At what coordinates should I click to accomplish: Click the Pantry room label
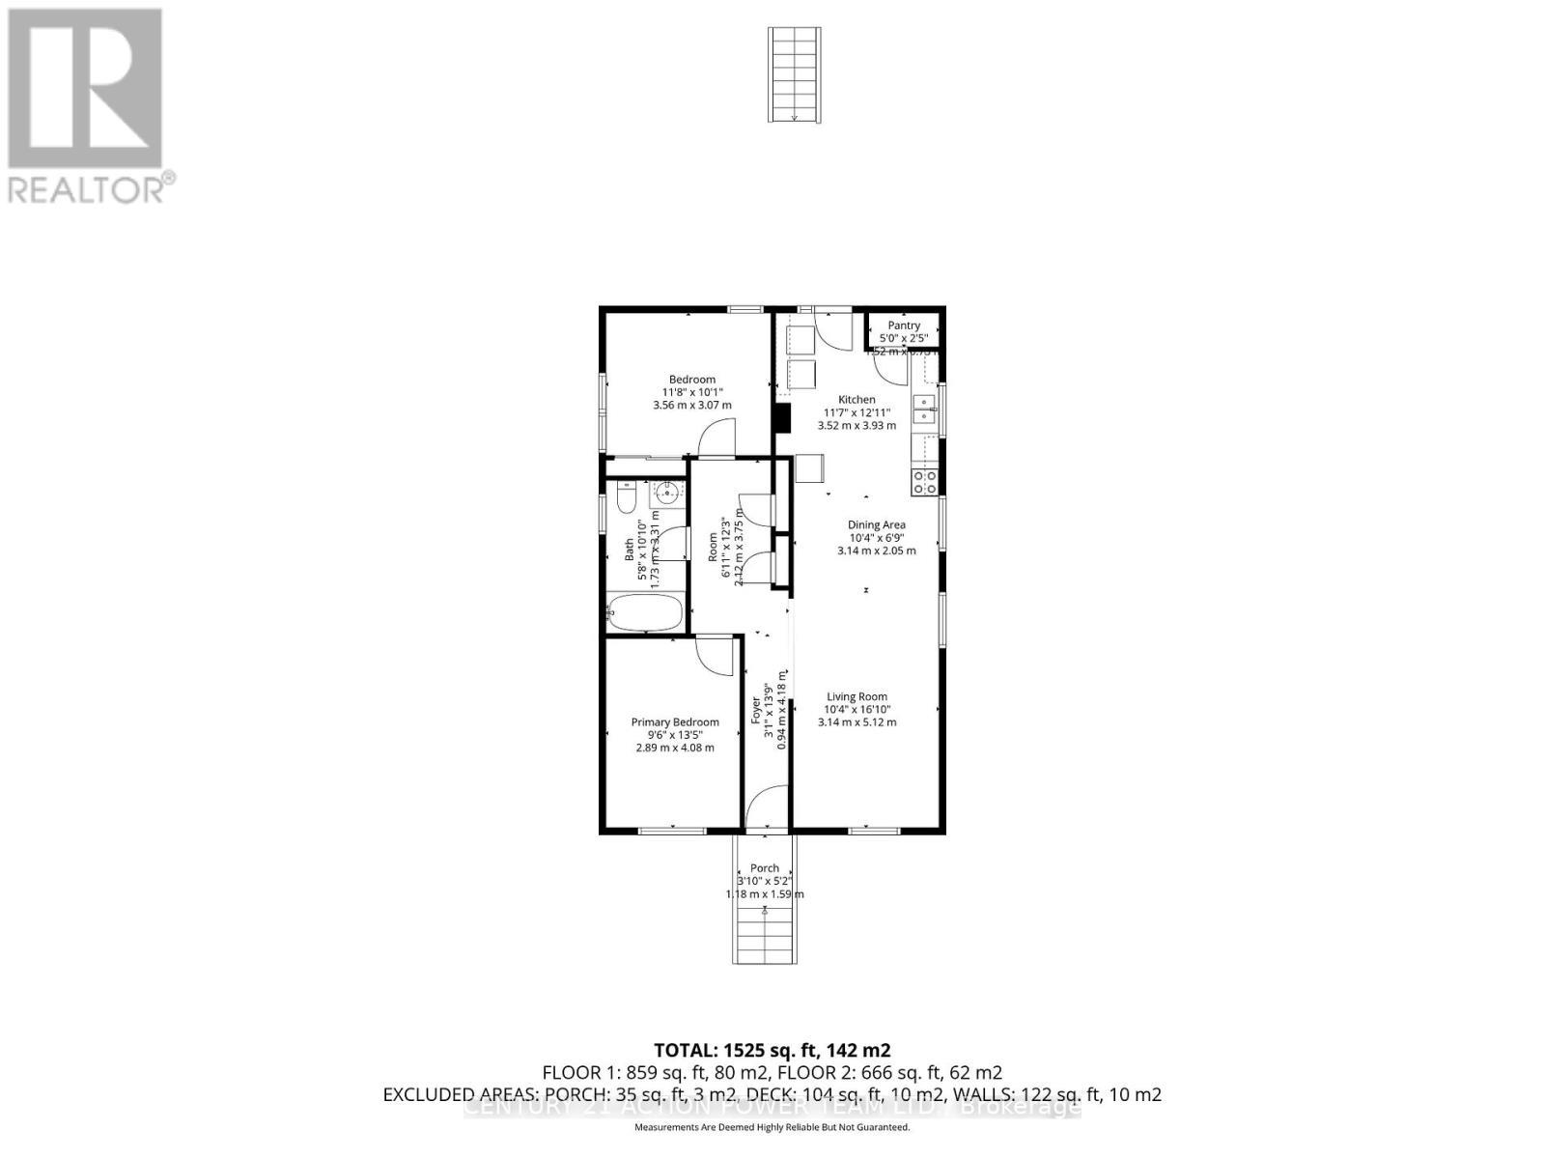click(x=904, y=325)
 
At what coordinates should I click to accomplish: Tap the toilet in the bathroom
click(x=625, y=499)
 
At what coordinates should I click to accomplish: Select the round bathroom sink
click(x=667, y=495)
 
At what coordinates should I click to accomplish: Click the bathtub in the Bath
click(x=645, y=613)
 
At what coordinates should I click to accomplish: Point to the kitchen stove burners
click(x=925, y=482)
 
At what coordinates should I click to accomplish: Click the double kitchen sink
click(x=924, y=409)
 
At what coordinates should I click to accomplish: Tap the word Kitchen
click(x=857, y=399)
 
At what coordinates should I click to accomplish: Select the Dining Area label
click(x=876, y=524)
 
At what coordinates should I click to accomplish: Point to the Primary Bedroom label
click(x=675, y=721)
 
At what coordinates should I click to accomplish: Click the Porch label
click(x=764, y=867)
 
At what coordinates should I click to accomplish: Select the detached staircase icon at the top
click(x=795, y=74)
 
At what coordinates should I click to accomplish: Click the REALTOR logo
click(x=88, y=105)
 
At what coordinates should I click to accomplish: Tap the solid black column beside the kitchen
click(x=782, y=417)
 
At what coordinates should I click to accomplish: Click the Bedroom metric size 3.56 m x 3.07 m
click(x=692, y=405)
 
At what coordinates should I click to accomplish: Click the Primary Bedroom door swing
click(x=716, y=657)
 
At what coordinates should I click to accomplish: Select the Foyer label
click(x=756, y=710)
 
